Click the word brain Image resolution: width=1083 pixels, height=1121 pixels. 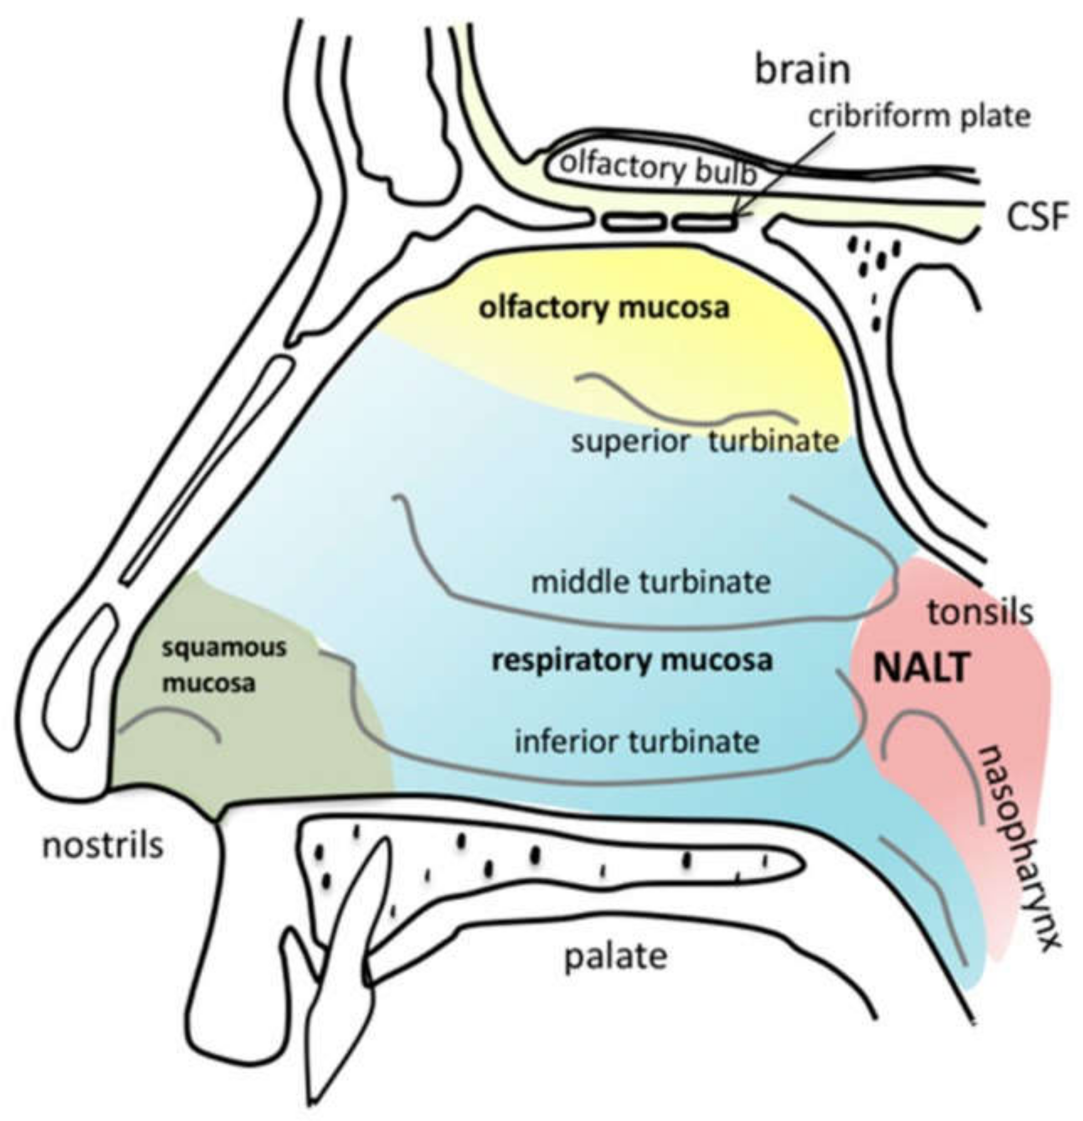click(x=802, y=70)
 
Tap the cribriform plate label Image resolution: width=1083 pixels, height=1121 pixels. click(x=919, y=117)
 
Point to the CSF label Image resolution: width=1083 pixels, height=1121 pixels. click(x=1037, y=218)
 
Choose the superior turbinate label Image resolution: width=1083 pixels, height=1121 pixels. click(x=705, y=442)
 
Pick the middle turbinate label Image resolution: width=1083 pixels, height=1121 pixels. click(x=651, y=582)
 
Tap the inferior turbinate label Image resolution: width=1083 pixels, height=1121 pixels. click(x=637, y=742)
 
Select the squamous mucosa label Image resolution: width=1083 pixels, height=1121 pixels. click(x=223, y=665)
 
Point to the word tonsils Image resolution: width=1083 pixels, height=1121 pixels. click(x=980, y=612)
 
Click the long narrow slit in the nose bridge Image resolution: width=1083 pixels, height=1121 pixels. click(x=206, y=469)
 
